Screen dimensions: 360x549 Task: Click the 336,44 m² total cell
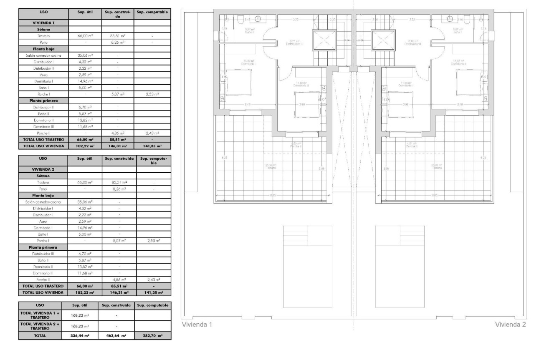coord(79,335)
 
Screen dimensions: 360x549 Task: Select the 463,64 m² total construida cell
coord(116,335)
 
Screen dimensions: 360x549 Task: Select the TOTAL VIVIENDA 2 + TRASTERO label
coord(40,325)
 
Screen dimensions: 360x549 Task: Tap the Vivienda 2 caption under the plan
coord(511,325)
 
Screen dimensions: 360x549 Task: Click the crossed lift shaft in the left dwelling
coord(324,40)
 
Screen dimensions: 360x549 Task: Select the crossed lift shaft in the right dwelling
coord(383,40)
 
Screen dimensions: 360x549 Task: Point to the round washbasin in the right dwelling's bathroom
coord(450,18)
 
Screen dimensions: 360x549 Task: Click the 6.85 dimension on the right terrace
coord(435,195)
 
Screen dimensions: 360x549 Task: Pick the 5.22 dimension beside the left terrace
coord(222,158)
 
